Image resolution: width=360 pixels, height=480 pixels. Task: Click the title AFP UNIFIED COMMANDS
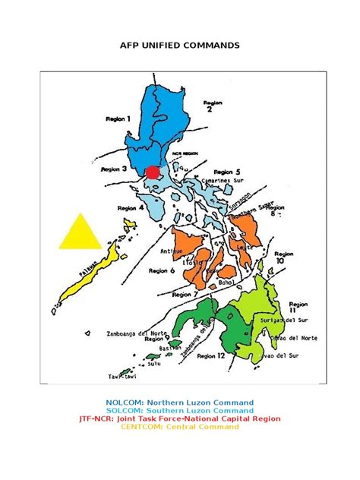(x=180, y=46)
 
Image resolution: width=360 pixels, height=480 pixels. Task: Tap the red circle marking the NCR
(x=153, y=172)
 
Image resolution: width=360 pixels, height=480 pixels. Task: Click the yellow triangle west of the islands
(x=80, y=233)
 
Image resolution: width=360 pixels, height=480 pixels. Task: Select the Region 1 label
(x=118, y=119)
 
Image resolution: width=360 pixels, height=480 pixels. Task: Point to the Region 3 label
(x=114, y=172)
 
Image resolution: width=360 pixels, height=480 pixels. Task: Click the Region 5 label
(x=227, y=172)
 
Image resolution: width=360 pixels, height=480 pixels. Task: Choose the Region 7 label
(x=185, y=295)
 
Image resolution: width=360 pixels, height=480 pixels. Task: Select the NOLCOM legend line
(x=180, y=403)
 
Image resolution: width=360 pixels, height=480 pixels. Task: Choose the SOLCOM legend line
(x=180, y=411)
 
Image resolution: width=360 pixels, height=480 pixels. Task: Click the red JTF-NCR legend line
(x=180, y=418)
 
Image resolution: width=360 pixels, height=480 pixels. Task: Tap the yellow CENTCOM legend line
(x=180, y=427)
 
